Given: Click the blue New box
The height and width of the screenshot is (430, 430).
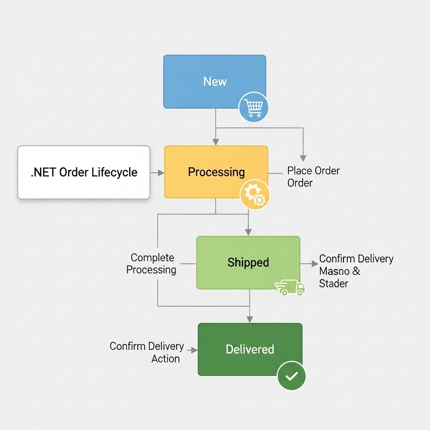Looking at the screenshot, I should point(214,81).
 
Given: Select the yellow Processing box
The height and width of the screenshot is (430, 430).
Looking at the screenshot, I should point(216,172).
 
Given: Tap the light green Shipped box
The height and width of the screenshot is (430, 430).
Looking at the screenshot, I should point(248,262).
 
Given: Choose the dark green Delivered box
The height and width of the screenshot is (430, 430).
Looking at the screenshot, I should point(250,349).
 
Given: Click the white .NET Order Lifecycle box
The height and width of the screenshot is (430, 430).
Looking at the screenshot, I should point(84,172).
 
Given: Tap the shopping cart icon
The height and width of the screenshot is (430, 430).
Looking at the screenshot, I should point(254,108).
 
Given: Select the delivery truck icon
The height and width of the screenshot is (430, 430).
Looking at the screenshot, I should point(291,288).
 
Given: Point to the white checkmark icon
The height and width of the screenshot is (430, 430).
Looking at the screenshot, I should point(291,376).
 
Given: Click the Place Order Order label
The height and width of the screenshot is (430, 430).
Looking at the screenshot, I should point(313,177).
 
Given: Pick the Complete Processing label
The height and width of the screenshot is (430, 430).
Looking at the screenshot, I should point(151,264).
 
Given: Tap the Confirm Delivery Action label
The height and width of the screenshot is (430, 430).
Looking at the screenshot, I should point(147,352).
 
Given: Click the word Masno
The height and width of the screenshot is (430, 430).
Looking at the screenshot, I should point(334,271).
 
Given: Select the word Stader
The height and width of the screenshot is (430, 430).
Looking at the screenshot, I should point(333,283).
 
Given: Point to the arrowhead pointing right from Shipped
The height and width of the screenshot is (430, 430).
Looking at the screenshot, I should point(315,264).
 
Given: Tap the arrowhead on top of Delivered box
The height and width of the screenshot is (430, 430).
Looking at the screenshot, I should point(250,320).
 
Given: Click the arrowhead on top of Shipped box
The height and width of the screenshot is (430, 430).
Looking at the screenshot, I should point(248,232).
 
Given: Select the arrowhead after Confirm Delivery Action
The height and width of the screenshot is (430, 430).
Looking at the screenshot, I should point(194,350).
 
